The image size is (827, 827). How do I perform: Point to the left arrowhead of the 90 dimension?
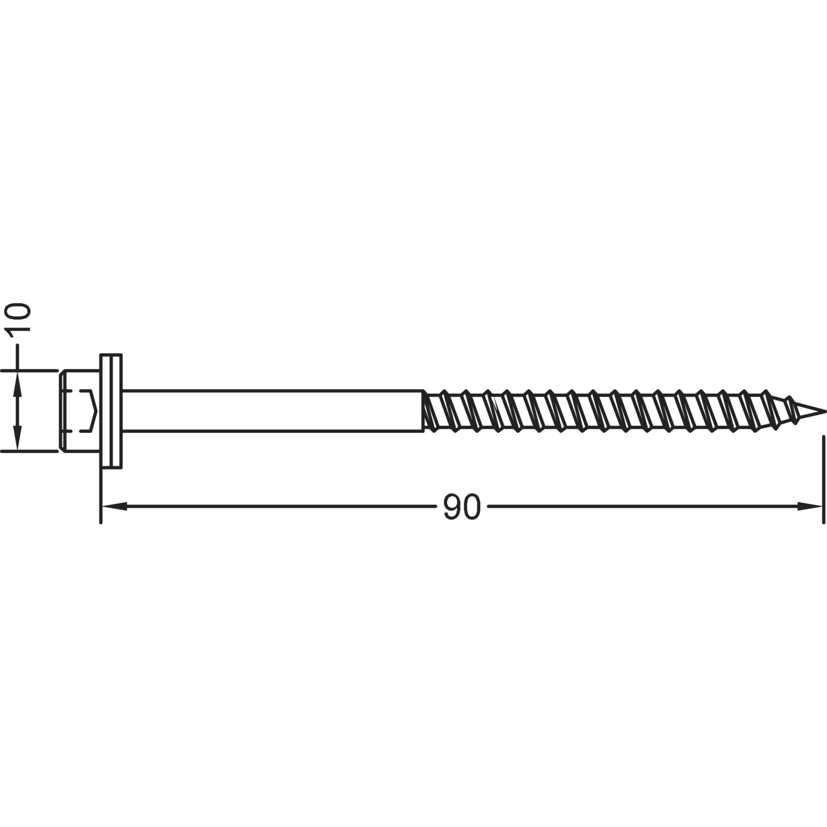114,506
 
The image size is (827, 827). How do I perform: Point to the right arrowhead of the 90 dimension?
810,506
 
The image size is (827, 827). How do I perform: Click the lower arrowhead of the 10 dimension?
18,437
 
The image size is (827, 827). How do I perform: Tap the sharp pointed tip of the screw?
825,411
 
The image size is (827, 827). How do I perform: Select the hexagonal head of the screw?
79,411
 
